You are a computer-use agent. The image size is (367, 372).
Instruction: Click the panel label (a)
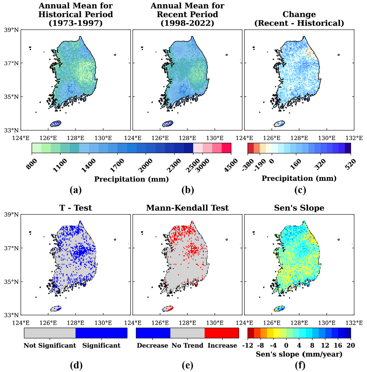(75, 190)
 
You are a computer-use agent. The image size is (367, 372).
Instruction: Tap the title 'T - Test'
(75, 208)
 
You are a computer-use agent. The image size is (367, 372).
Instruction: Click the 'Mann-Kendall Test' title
(187, 208)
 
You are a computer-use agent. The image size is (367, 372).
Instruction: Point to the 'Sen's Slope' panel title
(299, 208)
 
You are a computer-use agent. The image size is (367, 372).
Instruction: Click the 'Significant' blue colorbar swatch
(102, 333)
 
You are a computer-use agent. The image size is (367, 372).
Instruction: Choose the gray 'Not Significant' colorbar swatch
(50, 333)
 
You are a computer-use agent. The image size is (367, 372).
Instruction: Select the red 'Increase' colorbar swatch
(222, 333)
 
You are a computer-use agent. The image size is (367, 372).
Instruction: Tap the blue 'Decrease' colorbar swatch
(153, 333)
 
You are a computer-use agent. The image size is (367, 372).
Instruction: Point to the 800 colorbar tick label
(32, 164)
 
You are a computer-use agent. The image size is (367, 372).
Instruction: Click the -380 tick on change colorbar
(248, 165)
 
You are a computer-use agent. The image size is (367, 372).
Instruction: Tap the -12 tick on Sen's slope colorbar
(248, 345)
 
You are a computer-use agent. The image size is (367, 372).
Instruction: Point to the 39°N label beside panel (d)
(11, 215)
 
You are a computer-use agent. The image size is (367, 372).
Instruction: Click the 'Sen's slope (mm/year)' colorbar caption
(299, 354)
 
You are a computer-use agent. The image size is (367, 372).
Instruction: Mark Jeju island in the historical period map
(56, 124)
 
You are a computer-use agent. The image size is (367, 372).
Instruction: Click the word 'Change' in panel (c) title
(299, 14)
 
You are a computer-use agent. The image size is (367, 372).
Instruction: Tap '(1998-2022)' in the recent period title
(187, 23)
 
